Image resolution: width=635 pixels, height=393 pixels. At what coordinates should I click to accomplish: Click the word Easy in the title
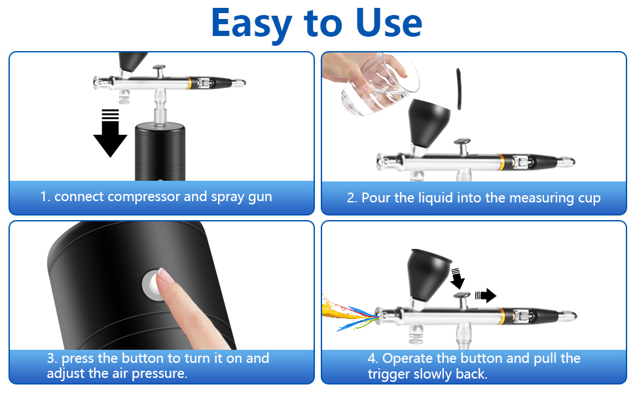pyautogui.click(x=251, y=24)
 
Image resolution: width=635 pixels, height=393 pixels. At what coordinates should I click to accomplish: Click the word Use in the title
pyautogui.click(x=389, y=23)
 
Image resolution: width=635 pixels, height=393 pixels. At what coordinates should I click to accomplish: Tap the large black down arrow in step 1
pyautogui.click(x=110, y=133)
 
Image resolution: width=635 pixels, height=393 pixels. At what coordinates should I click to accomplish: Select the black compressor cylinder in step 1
pyautogui.click(x=160, y=151)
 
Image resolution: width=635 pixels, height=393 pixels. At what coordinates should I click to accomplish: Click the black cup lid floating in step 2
pyautogui.click(x=459, y=88)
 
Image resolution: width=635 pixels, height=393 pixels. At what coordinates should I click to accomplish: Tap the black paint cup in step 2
pyautogui.click(x=429, y=124)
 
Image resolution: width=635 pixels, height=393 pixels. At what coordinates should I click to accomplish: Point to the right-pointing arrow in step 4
pyautogui.click(x=486, y=295)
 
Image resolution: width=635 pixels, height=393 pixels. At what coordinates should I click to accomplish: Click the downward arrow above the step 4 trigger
pyautogui.click(x=458, y=278)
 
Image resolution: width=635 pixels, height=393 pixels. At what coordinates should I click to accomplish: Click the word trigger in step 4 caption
pyautogui.click(x=389, y=375)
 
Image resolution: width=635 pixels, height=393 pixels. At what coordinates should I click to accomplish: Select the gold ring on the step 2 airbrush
pyautogui.click(x=502, y=162)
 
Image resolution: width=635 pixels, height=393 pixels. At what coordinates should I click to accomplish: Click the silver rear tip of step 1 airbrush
pyautogui.click(x=239, y=83)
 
